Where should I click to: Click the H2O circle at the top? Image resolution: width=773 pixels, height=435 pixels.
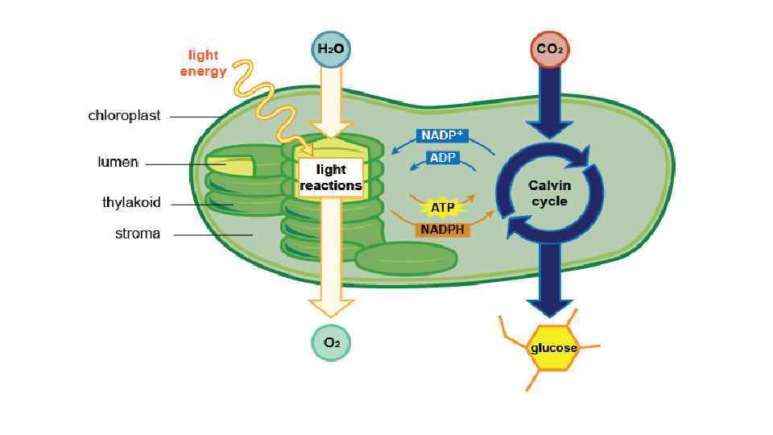tap(331, 49)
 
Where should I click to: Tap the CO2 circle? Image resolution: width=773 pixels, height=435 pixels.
tap(550, 49)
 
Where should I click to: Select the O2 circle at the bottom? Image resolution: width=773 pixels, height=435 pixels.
tap(331, 342)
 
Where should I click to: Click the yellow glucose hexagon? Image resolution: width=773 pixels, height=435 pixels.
tap(553, 348)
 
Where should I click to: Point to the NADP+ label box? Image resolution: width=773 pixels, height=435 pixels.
tap(444, 135)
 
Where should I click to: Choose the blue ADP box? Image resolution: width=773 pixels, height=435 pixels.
tap(443, 158)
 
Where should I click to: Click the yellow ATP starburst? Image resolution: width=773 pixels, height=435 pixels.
tap(443, 208)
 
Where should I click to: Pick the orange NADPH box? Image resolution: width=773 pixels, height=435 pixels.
tap(444, 230)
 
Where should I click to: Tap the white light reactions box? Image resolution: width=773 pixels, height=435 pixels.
tap(331, 178)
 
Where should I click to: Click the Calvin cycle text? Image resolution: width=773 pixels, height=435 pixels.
tap(549, 193)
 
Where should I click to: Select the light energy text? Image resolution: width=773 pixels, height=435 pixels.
tap(203, 64)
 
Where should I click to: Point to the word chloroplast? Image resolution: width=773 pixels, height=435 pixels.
tap(124, 115)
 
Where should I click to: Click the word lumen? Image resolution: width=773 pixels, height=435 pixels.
tap(118, 162)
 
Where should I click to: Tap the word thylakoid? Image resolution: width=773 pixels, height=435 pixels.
tap(131, 202)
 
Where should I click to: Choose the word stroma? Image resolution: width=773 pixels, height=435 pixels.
tap(137, 234)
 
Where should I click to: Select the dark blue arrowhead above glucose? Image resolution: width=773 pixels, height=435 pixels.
tap(550, 307)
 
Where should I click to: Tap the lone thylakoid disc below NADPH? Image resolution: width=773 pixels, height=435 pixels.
tap(407, 258)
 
